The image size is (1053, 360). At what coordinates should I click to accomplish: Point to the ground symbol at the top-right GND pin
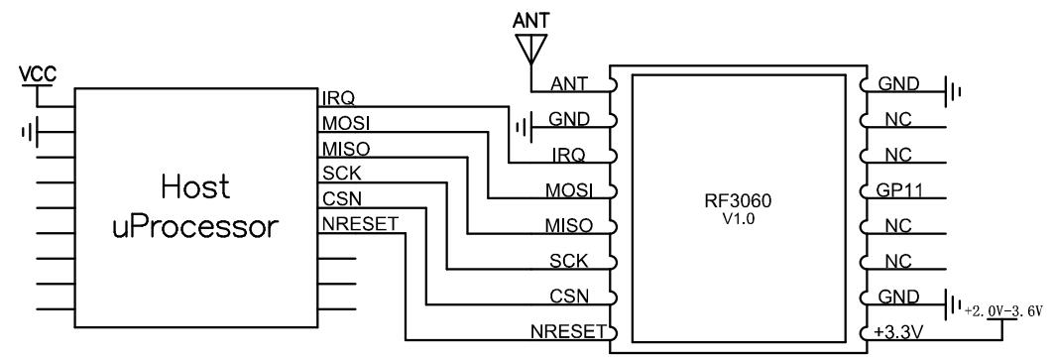point(955,88)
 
